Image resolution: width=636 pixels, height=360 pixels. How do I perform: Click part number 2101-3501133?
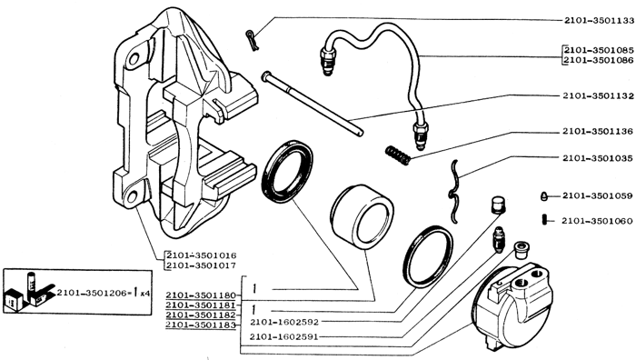(599, 21)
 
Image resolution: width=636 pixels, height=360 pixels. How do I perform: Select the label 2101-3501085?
(599, 51)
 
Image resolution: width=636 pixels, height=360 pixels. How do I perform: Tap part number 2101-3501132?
(598, 96)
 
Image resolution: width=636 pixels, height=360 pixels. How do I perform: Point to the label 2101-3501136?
(598, 132)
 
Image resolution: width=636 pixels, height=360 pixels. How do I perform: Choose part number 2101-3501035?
(598, 158)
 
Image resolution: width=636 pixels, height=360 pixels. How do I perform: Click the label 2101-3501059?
(598, 196)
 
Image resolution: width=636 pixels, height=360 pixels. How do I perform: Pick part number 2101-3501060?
(597, 221)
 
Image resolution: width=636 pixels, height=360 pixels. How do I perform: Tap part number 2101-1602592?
(284, 322)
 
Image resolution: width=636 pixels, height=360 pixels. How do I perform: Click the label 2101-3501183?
(201, 325)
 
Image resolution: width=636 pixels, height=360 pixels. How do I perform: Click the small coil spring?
(398, 155)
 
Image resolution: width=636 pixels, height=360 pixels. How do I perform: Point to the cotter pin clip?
(252, 41)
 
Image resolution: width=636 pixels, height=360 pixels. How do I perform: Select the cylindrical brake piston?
(362, 216)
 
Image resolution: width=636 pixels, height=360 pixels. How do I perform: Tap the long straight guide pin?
(313, 104)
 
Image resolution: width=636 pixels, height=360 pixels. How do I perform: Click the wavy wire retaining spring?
(454, 190)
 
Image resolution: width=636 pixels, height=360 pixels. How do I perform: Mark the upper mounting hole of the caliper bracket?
(134, 60)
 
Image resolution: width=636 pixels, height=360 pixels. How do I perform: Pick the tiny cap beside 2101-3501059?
(544, 196)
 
